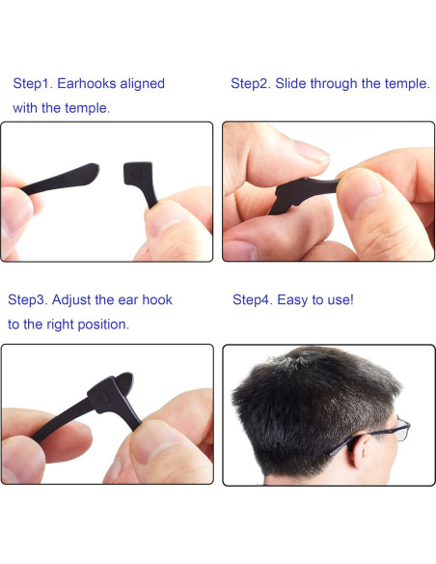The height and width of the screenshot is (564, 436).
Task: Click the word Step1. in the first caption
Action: click(32, 84)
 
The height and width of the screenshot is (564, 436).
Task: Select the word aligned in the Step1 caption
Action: click(144, 84)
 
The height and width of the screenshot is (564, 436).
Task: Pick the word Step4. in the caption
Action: click(253, 300)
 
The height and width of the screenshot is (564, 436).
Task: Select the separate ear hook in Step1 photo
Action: click(141, 180)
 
